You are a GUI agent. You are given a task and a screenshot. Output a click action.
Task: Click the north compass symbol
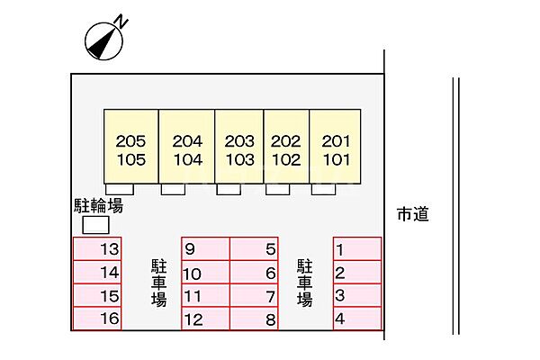pos(103,41)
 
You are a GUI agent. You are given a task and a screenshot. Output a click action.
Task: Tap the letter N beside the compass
pos(121,22)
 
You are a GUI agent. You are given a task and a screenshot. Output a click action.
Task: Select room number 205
pos(130,141)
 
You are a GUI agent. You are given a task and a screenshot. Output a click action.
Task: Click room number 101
pos(337,160)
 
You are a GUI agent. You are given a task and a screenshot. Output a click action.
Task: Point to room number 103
pos(239,160)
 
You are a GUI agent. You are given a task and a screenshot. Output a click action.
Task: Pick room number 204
pos(187,141)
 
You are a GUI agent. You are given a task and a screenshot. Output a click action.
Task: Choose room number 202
pos(286,141)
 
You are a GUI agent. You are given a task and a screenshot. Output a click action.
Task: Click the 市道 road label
pos(413,214)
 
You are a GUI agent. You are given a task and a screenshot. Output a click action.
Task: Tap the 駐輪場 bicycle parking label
pos(98,206)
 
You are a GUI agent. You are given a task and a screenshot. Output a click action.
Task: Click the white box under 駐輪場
pos(95,225)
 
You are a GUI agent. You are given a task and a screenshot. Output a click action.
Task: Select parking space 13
pos(97,248)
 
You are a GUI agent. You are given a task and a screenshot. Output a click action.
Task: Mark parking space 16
pos(97,319)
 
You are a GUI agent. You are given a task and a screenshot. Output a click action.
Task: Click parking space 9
pos(205,248)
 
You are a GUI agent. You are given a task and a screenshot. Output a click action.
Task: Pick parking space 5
pos(254,248)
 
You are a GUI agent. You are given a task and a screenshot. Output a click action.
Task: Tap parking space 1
pos(357,248)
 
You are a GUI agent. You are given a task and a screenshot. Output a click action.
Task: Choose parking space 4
pos(357,319)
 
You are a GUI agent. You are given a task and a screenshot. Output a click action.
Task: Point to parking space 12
pos(205,319)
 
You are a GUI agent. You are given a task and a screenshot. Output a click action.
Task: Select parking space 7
pos(254,295)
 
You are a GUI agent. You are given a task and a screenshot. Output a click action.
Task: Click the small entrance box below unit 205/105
pos(120,189)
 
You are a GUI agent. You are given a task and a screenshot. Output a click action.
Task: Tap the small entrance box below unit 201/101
pos(323,189)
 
